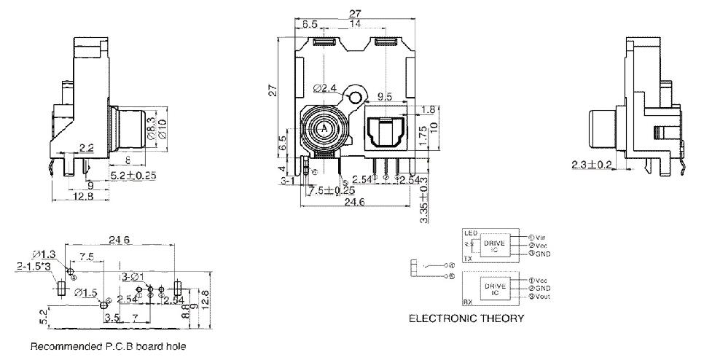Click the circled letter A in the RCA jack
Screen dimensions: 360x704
(x=321, y=128)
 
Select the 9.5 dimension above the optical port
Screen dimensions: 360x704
(x=386, y=95)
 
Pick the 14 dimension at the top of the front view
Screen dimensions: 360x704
(x=356, y=23)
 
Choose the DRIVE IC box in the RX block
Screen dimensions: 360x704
(x=496, y=289)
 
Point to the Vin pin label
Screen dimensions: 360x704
(x=537, y=237)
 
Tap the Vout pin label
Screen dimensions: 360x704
(x=539, y=297)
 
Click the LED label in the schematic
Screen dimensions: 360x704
(x=470, y=233)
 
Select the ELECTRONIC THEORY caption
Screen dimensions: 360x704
(x=466, y=318)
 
